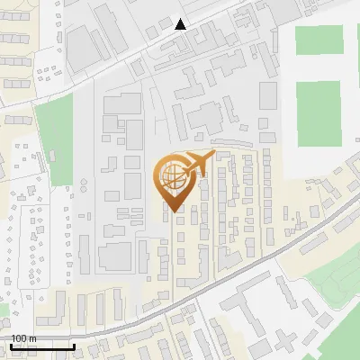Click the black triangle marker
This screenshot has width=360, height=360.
(x=181, y=24)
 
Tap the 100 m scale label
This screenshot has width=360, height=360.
(x=23, y=338)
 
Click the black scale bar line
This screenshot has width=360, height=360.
(x=42, y=346)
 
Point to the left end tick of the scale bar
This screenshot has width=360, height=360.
(x=11, y=344)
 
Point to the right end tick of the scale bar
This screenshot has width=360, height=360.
(x=74, y=344)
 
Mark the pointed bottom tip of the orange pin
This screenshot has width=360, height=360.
(x=173, y=211)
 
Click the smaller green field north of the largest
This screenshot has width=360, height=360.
(x=319, y=41)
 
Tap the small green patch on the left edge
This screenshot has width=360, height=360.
(x=4, y=310)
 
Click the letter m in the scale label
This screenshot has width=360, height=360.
(x=32, y=338)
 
